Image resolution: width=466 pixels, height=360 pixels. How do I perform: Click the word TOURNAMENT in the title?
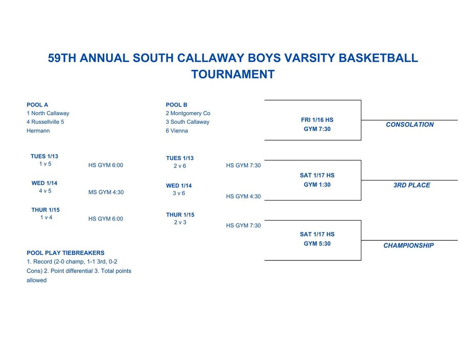233,74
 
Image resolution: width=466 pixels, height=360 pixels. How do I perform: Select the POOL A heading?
37,105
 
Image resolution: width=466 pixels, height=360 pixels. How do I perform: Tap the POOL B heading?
177,105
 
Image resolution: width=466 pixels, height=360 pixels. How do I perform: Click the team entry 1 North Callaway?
48,113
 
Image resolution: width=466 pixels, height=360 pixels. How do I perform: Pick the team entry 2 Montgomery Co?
188,113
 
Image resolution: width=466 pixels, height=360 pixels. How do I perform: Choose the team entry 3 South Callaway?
187,122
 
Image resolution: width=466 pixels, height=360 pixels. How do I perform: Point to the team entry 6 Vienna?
177,131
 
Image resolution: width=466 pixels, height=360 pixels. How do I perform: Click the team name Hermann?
38,131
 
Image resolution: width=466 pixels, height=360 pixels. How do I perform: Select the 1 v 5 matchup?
45,164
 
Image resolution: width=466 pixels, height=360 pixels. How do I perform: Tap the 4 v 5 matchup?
45,191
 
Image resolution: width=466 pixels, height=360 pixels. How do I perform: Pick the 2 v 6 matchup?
180,166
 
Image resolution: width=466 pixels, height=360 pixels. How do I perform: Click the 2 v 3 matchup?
180,223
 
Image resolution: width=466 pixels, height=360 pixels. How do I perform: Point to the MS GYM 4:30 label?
106,193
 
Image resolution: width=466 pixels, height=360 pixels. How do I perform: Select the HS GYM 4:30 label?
243,197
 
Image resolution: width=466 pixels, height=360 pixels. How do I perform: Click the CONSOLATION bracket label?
410,125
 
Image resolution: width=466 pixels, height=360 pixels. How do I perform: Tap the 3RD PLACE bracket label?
412,185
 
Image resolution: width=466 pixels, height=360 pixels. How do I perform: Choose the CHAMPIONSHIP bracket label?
409,246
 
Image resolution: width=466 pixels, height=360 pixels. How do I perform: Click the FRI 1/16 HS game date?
317,120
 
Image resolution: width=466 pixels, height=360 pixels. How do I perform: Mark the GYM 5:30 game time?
317,244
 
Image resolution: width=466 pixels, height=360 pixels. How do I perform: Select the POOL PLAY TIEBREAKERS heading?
66,253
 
